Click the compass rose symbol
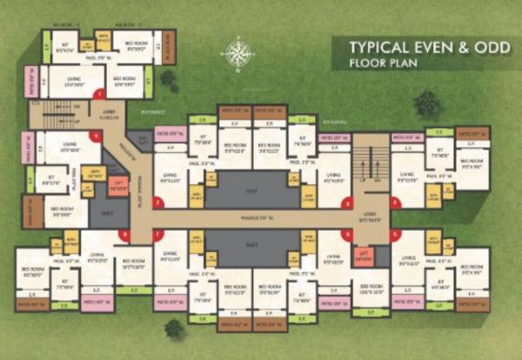pos(236,54)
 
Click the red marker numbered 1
pos(99,93)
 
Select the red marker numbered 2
pos(157,203)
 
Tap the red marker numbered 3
pos(347,204)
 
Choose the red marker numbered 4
pos(395,203)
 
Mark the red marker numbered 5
pos(395,234)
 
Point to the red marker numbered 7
pos(157,234)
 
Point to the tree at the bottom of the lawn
pos(175,329)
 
